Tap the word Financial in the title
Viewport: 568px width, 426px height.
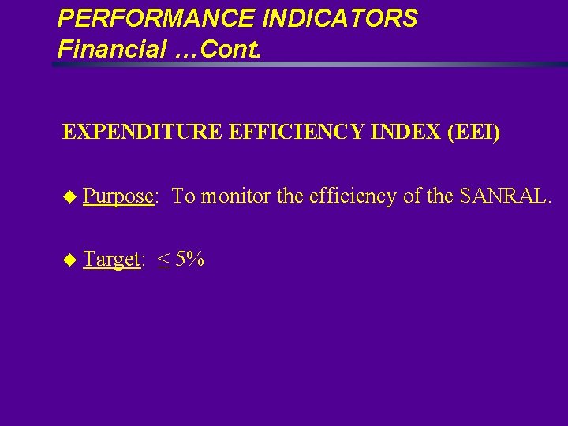[111, 49]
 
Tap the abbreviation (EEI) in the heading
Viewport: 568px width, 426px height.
[473, 132]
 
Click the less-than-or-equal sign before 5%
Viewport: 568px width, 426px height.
[163, 260]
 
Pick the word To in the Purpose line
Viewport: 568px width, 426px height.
[184, 196]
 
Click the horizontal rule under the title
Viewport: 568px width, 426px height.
[308, 65]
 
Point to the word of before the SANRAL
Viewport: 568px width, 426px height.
[413, 196]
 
